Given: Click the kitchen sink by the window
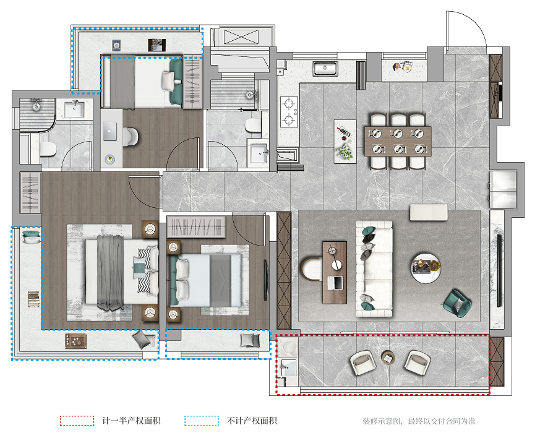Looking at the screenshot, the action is (325, 69).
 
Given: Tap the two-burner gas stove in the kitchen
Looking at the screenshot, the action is (289, 112).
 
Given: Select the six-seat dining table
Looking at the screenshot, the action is (398, 141).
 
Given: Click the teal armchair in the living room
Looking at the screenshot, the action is (457, 303).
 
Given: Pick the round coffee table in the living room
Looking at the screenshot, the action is (426, 268).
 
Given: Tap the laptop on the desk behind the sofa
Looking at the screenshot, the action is (335, 283).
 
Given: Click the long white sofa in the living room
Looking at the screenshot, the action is (374, 269).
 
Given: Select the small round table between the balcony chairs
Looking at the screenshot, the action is (388, 358).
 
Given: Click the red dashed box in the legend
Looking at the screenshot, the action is (77, 421).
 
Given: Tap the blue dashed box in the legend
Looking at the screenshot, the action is (202, 421).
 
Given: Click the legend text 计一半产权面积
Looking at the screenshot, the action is (131, 421).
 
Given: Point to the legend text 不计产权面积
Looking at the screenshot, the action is (252, 421).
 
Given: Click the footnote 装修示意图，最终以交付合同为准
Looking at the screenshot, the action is (419, 421).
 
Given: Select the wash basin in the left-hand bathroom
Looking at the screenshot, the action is (74, 109).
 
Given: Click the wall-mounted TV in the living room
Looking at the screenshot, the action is (499, 270).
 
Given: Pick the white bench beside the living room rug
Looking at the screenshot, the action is (429, 212).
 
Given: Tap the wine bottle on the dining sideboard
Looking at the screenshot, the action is (344, 132).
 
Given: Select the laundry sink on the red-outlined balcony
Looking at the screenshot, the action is (288, 367).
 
